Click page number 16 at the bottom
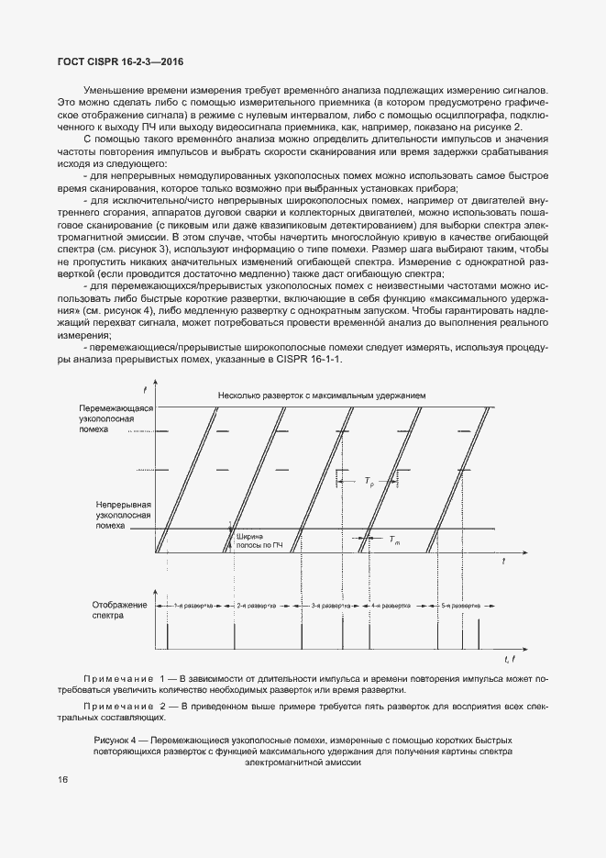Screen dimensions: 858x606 pyautogui.click(x=61, y=779)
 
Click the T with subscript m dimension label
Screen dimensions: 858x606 pyautogui.click(x=393, y=540)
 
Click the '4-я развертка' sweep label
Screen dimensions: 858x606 pyautogui.click(x=394, y=607)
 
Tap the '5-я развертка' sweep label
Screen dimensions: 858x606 pyautogui.click(x=462, y=607)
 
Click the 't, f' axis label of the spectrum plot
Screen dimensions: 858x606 pyautogui.click(x=510, y=660)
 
